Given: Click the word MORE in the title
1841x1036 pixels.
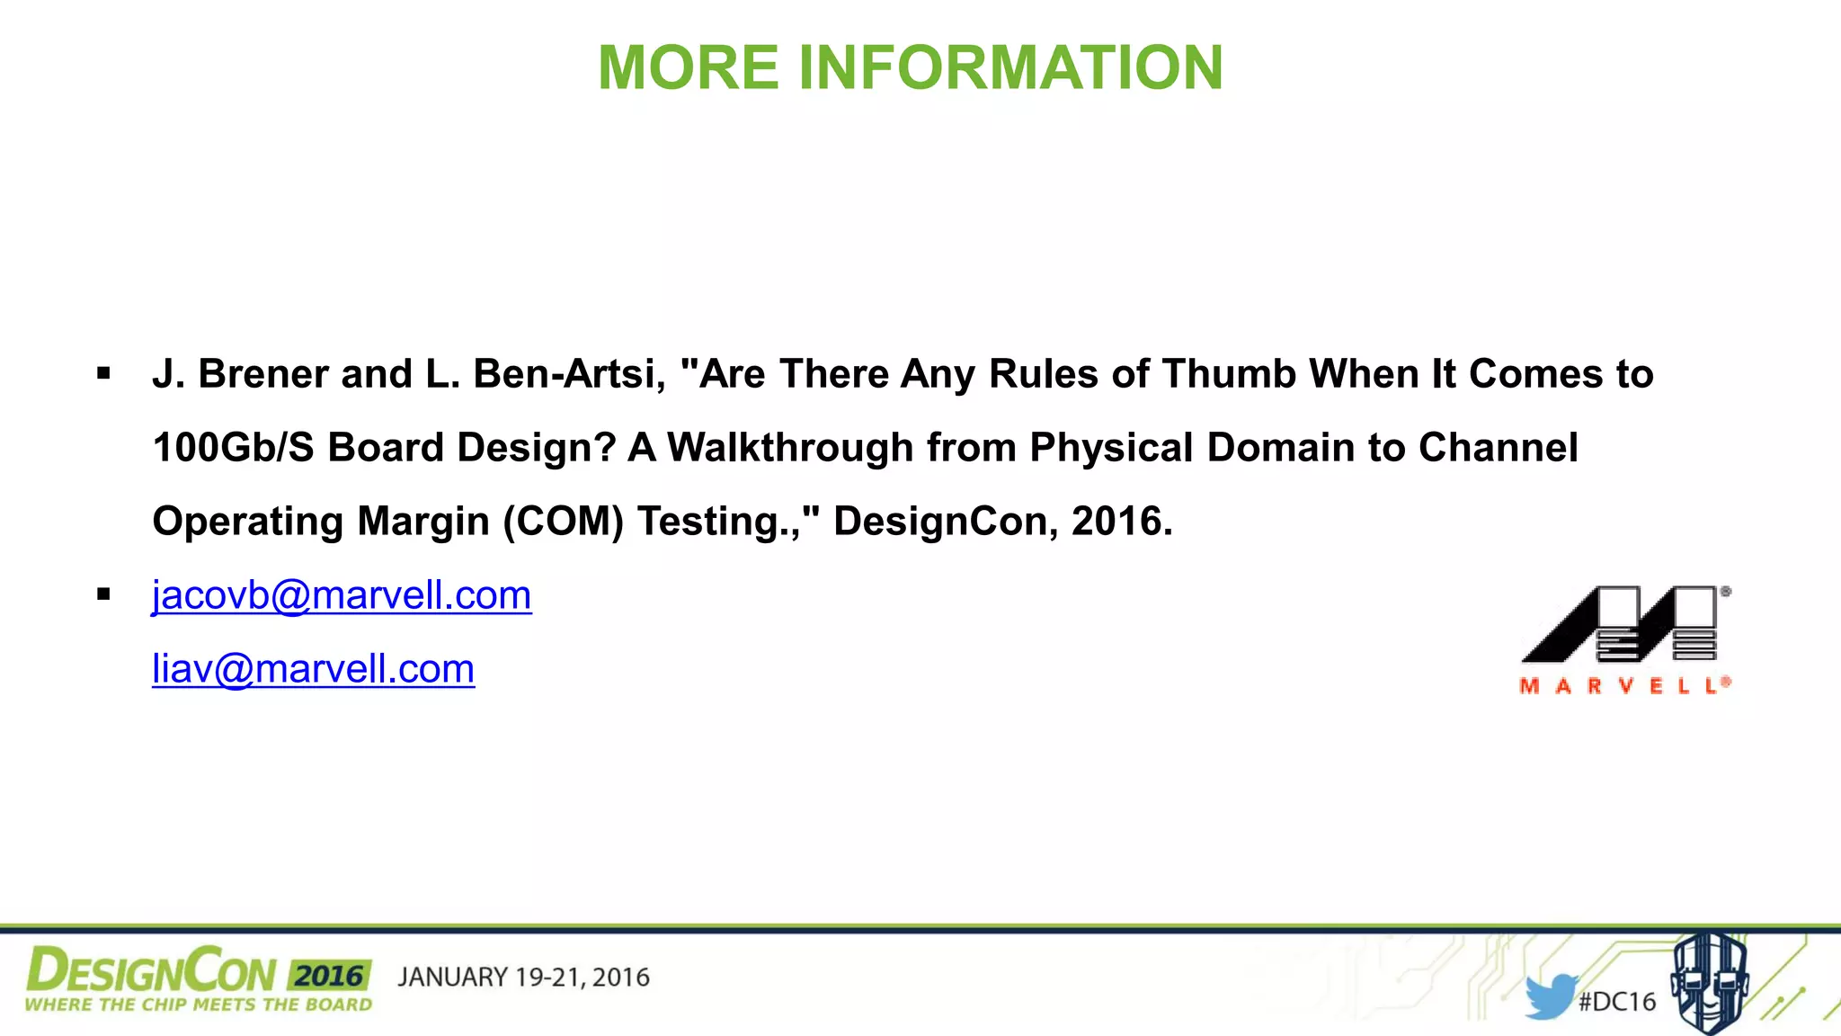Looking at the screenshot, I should coord(689,68).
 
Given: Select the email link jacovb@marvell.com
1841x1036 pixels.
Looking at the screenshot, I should coord(342,595).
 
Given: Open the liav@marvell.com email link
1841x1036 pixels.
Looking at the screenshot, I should coord(313,669).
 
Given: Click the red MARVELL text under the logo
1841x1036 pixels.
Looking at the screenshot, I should coord(1623,686).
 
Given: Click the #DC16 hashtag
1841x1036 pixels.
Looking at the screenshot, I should coord(1617,1002).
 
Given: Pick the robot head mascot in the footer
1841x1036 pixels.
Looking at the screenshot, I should coord(1709,982).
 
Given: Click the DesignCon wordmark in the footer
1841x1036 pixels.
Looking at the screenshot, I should coord(151,972).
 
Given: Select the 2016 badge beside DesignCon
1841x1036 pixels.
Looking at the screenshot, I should coord(329,976).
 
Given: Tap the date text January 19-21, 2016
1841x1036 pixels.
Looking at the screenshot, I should coord(523,978).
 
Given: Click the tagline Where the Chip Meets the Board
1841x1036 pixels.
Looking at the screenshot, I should coord(198,1005).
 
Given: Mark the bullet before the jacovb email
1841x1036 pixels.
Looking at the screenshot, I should coord(104,594).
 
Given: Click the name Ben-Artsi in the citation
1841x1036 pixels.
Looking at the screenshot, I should coord(569,374).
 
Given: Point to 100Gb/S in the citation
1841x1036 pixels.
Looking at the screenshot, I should coord(233,448).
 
